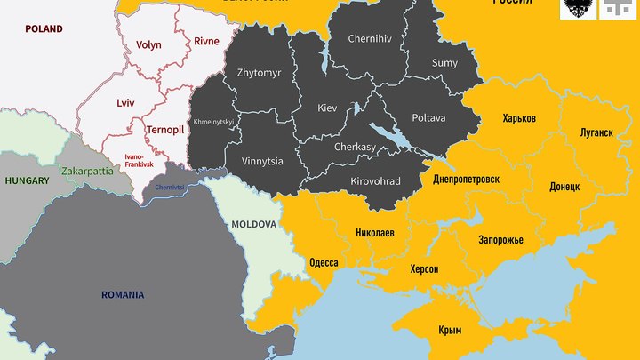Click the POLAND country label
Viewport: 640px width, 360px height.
(x=44, y=29)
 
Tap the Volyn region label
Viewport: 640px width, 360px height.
(x=148, y=45)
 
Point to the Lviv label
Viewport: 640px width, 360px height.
(x=125, y=103)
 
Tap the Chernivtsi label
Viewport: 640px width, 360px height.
(x=170, y=188)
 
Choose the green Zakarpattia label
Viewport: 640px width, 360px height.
(x=87, y=170)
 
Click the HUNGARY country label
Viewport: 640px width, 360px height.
(x=27, y=180)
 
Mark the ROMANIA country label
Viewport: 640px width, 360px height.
(x=123, y=294)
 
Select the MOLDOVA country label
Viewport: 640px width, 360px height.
(x=254, y=225)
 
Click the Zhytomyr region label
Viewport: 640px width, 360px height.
(x=259, y=73)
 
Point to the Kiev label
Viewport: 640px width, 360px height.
(x=328, y=108)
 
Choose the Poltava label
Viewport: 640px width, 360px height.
(x=428, y=117)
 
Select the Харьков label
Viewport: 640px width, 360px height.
(x=519, y=118)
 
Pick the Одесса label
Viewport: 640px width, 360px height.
(x=323, y=263)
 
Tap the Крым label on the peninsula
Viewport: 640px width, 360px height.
(x=450, y=330)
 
